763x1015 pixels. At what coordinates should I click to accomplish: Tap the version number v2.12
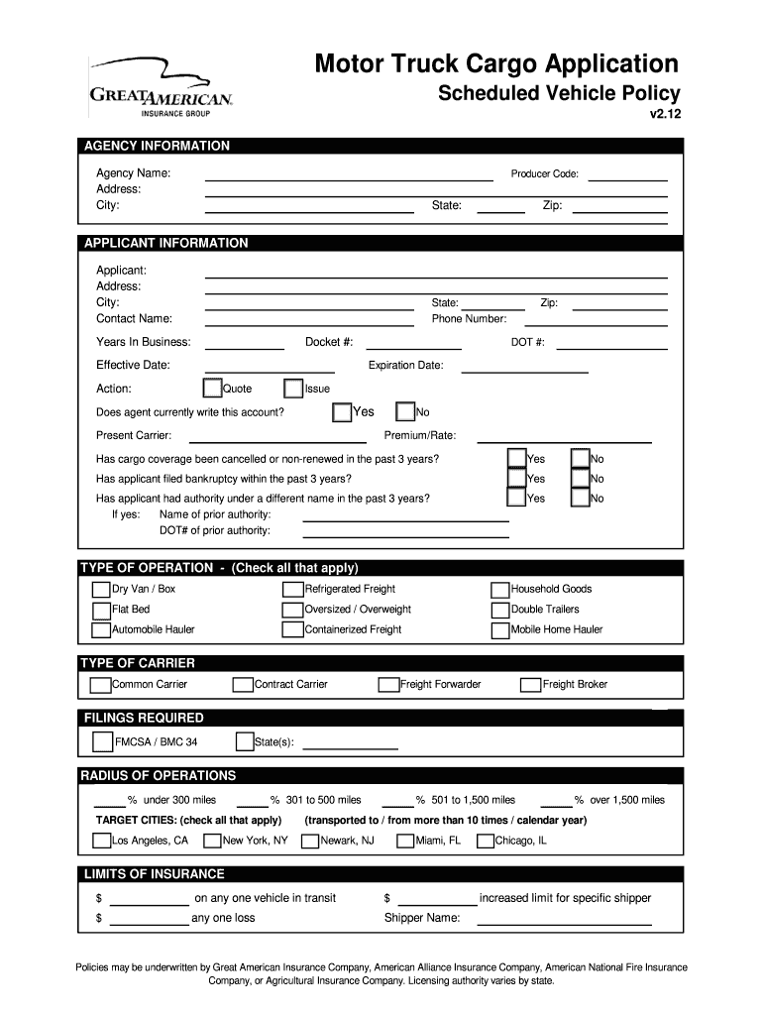[x=665, y=114]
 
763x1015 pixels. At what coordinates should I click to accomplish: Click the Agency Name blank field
[x=348, y=174]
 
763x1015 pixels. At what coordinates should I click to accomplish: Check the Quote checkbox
[x=212, y=389]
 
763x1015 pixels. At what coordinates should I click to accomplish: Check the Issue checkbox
[x=293, y=389]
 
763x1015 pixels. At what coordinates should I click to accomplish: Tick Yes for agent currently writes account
[x=342, y=411]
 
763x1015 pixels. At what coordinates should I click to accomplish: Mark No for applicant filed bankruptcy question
[x=581, y=478]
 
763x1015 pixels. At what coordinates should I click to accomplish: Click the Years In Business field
[x=244, y=343]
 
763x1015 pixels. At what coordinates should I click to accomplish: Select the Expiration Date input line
[x=525, y=366]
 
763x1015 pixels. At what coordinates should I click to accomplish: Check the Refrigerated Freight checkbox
[x=292, y=589]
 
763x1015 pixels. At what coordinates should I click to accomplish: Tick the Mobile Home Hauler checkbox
[x=500, y=629]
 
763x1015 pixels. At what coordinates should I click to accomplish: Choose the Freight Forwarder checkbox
[x=388, y=684]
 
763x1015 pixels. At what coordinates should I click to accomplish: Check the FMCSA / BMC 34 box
[x=102, y=741]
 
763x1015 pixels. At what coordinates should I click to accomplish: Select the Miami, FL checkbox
[x=405, y=841]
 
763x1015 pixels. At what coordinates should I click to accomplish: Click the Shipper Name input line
[x=564, y=919]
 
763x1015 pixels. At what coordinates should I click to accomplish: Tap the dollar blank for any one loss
[x=148, y=919]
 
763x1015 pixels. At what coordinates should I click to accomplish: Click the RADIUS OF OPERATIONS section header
[x=159, y=775]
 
